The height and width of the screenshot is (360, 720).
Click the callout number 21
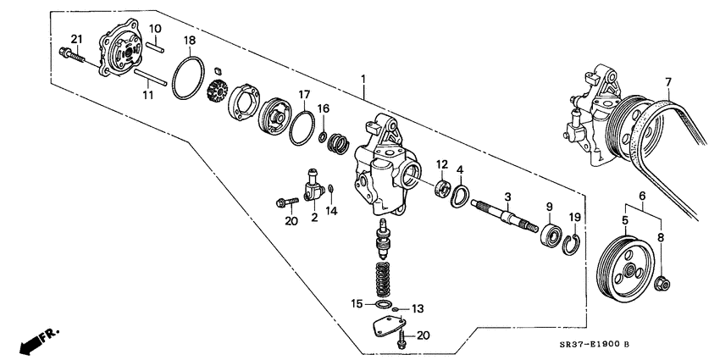[76, 39]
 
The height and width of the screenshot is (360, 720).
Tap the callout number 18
[190, 41]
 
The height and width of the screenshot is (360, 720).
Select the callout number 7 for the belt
[667, 82]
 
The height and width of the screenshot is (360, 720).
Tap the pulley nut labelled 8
[664, 282]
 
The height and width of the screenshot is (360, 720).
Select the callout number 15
[357, 302]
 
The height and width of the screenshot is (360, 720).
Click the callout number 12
[441, 163]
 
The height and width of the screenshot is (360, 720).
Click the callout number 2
[313, 217]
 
